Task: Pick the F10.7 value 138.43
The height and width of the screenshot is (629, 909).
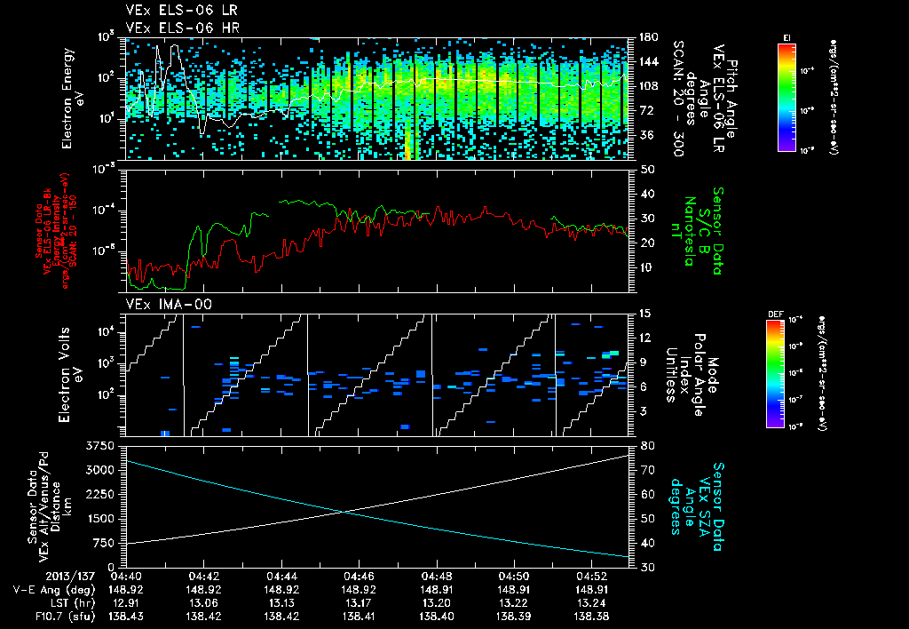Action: (127, 614)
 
